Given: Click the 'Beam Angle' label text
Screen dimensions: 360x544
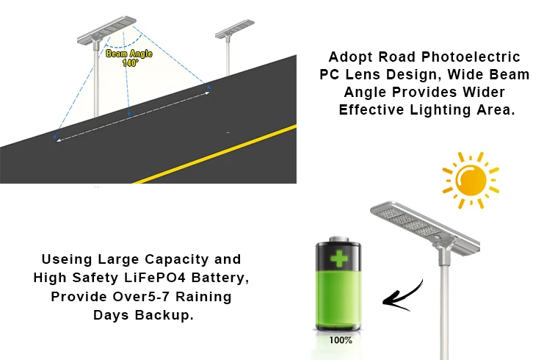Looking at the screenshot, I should [128, 54].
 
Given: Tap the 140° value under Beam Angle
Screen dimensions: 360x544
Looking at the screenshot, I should [130, 62].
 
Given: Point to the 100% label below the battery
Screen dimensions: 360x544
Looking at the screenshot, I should [339, 340].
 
